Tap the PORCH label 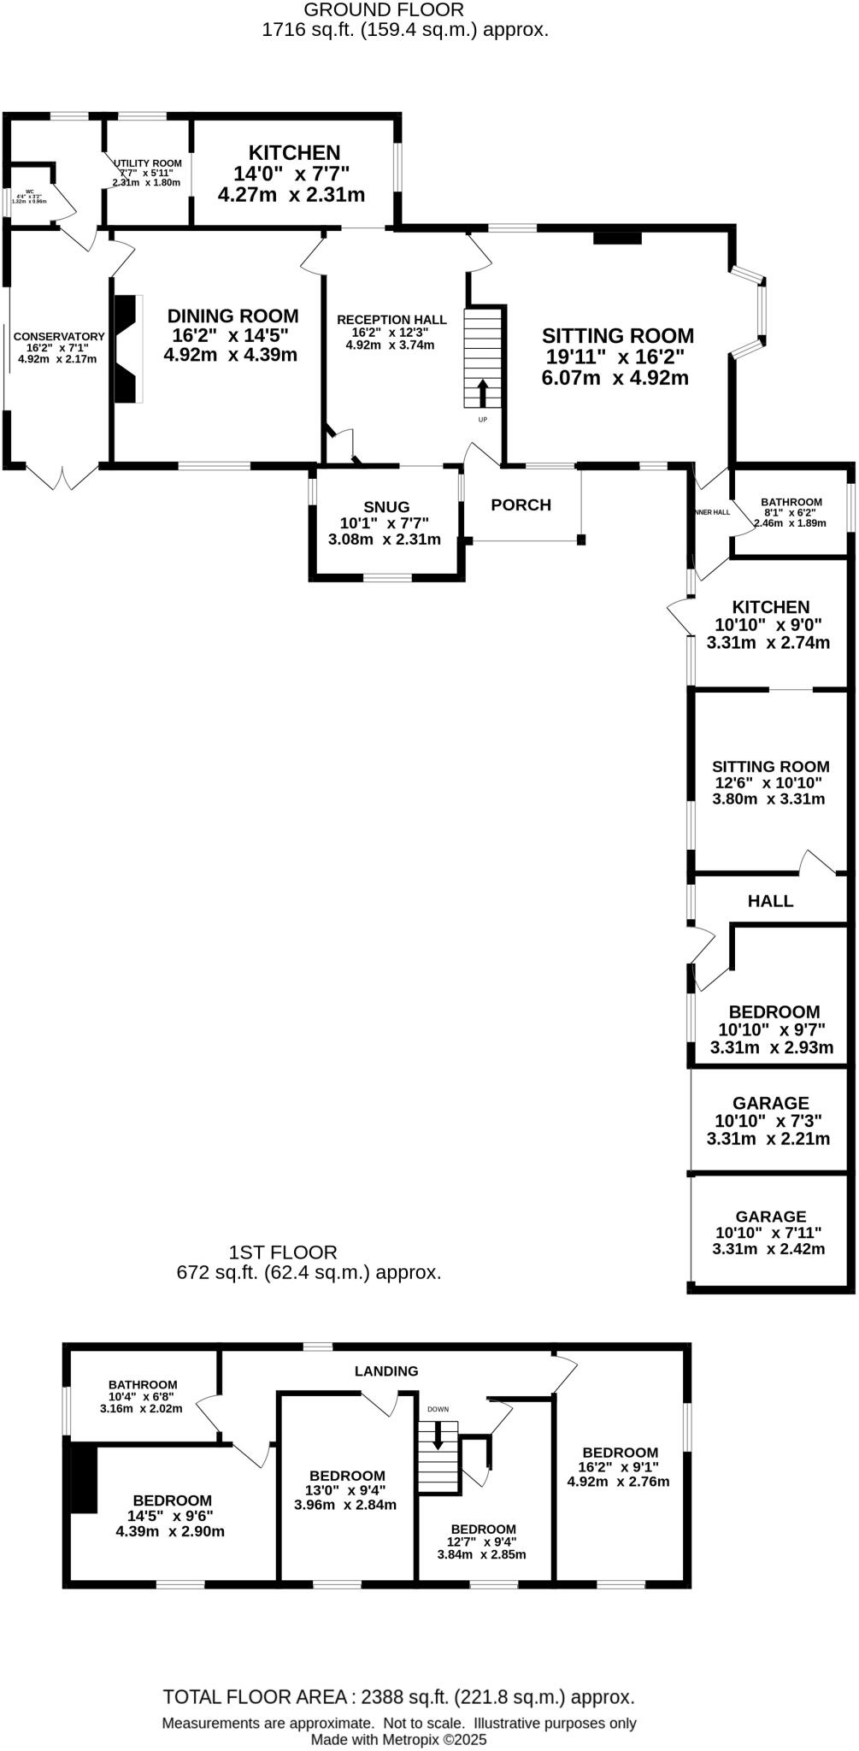[521, 505]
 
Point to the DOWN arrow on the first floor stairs [438, 1434]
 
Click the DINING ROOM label [232, 316]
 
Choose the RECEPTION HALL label [391, 320]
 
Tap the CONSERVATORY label [58, 337]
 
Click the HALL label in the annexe [770, 900]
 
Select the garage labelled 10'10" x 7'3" [770, 1120]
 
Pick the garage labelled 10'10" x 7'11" [770, 1232]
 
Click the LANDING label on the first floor [386, 1371]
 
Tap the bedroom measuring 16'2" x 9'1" [619, 1465]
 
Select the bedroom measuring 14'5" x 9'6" [171, 1514]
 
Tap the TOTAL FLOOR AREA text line [398, 1697]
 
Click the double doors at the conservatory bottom [62, 477]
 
